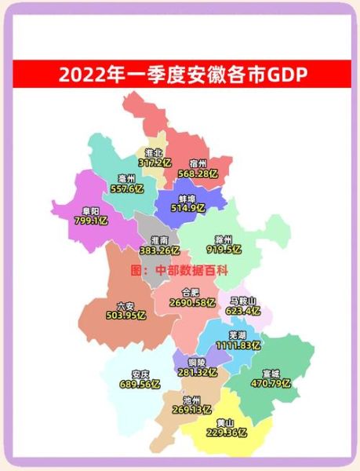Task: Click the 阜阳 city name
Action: (89, 210)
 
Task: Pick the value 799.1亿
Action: (93, 221)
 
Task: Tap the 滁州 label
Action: (223, 239)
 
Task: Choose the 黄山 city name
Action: (224, 422)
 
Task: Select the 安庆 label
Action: (141, 373)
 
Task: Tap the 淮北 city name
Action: (154, 153)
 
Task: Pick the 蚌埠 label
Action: (185, 198)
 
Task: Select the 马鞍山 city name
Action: (242, 300)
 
